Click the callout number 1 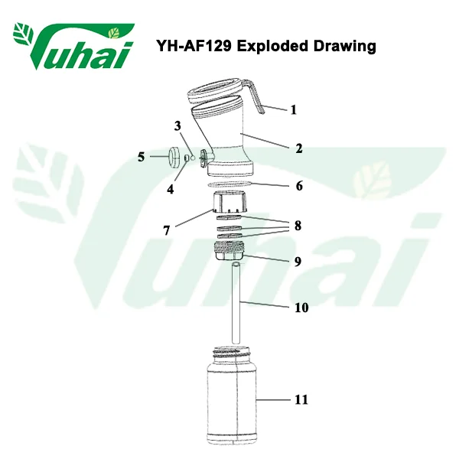coord(293,109)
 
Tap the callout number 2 coord(298,148)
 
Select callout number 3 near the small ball coord(177,126)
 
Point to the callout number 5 coord(141,157)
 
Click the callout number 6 coord(299,186)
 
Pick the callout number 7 coord(167,230)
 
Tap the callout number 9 coord(298,262)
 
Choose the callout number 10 coord(301,308)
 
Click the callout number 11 coord(301,399)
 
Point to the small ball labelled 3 coord(193,158)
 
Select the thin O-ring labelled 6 coord(229,185)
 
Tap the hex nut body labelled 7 coord(229,202)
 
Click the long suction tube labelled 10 coord(236,303)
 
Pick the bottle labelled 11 coord(232,396)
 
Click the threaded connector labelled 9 coord(229,251)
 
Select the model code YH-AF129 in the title coord(194,46)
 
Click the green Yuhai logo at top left coord(73,46)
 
